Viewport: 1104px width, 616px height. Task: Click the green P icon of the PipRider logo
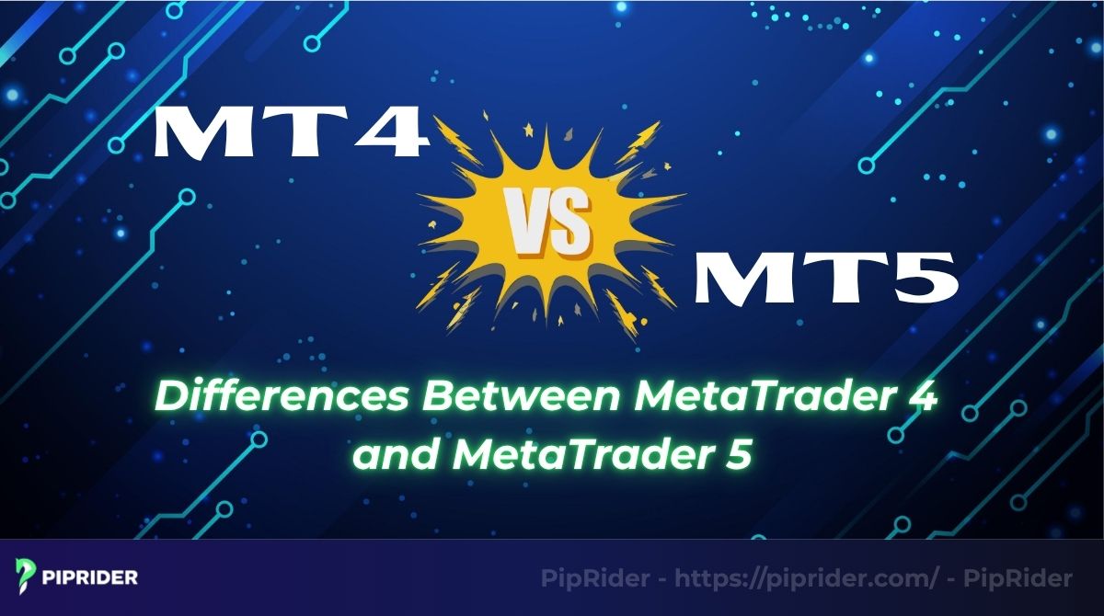tap(26, 577)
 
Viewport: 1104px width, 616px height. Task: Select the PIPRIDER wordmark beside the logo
tap(89, 578)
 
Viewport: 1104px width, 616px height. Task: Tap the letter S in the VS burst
tap(573, 224)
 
